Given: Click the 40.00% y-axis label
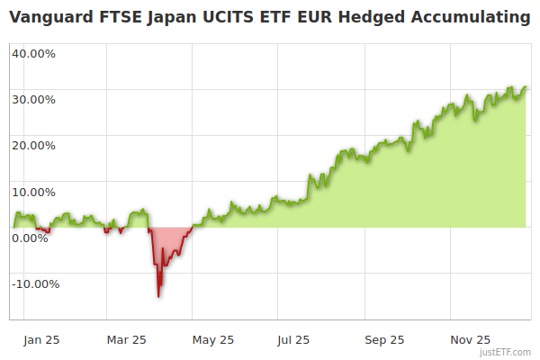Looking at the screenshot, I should pyautogui.click(x=33, y=53).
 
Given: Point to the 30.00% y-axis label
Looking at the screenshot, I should pyautogui.click(x=33, y=99).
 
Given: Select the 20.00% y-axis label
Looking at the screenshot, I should pyautogui.click(x=33, y=145).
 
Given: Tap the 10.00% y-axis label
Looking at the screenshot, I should pyautogui.click(x=33, y=192).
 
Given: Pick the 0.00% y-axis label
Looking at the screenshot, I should pyautogui.click(x=31, y=238).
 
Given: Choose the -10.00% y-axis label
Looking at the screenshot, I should pyautogui.click(x=35, y=284).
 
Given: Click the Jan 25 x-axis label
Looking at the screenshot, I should pyautogui.click(x=41, y=339).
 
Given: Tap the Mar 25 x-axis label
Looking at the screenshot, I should pyautogui.click(x=126, y=339).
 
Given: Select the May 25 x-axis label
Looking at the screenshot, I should pyautogui.click(x=213, y=339).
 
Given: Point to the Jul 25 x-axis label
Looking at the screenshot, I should pyautogui.click(x=294, y=339).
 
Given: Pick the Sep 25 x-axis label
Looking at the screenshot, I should pyautogui.click(x=384, y=339).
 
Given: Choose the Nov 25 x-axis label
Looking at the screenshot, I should pyautogui.click(x=471, y=339).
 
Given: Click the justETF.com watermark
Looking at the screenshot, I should pyautogui.click(x=506, y=353).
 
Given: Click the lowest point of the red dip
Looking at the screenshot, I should pyautogui.click(x=158, y=295).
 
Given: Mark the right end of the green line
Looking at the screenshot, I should pyautogui.click(x=526, y=87).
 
